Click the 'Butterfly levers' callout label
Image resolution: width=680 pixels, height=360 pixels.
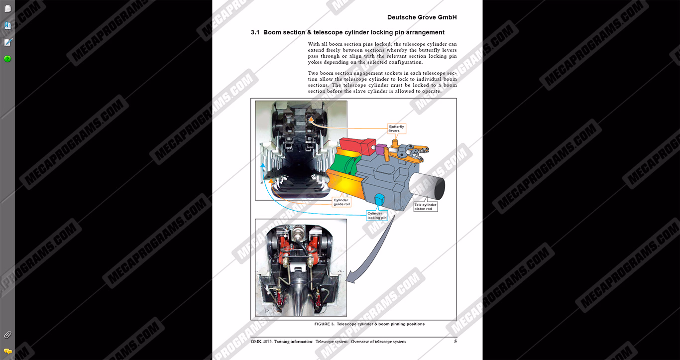[x=396, y=128]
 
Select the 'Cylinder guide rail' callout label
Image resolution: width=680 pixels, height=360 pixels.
[x=341, y=202]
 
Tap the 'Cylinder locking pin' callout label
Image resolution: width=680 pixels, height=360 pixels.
[x=377, y=216]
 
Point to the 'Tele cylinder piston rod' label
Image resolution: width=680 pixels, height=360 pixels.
[x=425, y=207]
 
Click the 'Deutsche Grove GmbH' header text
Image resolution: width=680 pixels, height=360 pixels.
[x=422, y=17]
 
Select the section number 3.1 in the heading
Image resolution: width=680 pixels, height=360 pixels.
[x=255, y=32]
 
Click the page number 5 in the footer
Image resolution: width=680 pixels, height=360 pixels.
[x=455, y=342]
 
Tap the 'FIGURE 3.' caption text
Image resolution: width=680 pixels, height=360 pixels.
[x=324, y=324]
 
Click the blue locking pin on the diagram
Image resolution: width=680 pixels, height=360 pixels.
[x=379, y=200]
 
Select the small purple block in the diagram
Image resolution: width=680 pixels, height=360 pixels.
[x=380, y=149]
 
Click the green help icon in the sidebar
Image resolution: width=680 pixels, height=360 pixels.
[x=7, y=59]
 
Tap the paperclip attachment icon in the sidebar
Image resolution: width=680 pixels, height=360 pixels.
[x=7, y=335]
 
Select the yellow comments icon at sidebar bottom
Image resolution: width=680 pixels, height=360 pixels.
[x=7, y=352]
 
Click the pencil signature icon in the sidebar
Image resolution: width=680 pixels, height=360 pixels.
[x=8, y=42]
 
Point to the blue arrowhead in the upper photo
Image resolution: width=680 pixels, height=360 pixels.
[x=262, y=166]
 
